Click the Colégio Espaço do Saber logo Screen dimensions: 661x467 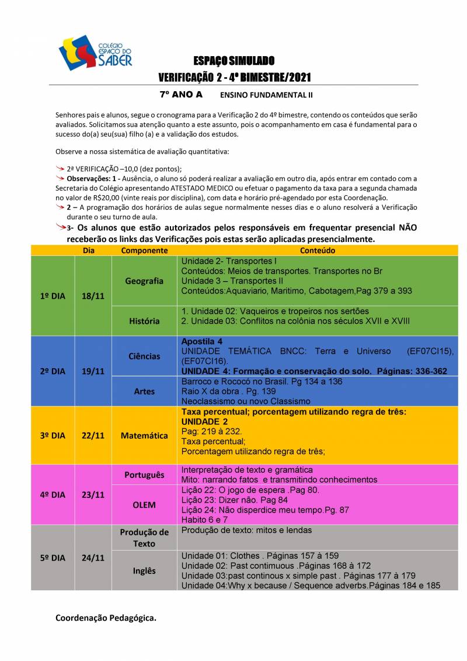[x=95, y=53]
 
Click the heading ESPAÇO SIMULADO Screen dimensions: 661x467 [x=234, y=61]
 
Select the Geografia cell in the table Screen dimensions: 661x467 [x=144, y=281]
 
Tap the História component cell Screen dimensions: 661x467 [x=144, y=321]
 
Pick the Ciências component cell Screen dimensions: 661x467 [x=144, y=356]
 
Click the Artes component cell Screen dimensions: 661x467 [x=144, y=391]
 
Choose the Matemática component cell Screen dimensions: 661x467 [x=144, y=435]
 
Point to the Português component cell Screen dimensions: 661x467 [x=144, y=475]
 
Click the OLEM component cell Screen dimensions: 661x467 [x=144, y=504]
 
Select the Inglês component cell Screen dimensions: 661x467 [x=144, y=571]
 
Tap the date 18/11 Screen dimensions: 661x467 [x=93, y=296]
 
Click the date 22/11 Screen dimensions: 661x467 [x=93, y=436]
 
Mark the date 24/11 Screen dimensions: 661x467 [x=93, y=558]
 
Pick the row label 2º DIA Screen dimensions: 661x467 [x=53, y=371]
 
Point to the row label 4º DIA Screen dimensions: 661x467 [x=53, y=495]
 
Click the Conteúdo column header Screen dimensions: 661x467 [x=318, y=250]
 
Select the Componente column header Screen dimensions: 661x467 [x=144, y=250]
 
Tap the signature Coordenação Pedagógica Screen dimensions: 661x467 [x=106, y=617]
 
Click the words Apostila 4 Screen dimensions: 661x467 [x=201, y=341]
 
